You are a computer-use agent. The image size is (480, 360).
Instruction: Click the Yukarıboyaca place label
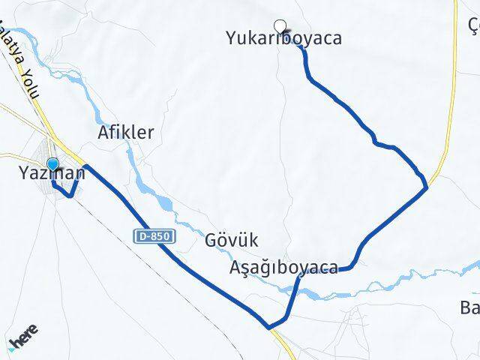(283, 38)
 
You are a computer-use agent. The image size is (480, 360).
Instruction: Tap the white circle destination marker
(280, 25)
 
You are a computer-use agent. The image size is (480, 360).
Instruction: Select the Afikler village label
(126, 133)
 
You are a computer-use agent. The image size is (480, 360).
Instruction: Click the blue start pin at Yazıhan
(52, 165)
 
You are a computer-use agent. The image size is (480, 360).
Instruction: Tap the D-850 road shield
(155, 235)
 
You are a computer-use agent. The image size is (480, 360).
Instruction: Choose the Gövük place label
(231, 241)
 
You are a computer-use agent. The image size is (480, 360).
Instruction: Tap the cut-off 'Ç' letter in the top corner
(474, 25)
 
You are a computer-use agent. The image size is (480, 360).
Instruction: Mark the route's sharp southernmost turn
(268, 326)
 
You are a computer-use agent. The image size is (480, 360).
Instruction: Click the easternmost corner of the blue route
(426, 185)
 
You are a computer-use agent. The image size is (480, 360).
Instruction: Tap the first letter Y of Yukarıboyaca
(231, 38)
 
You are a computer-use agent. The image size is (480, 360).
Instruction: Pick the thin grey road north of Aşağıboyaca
(283, 150)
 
